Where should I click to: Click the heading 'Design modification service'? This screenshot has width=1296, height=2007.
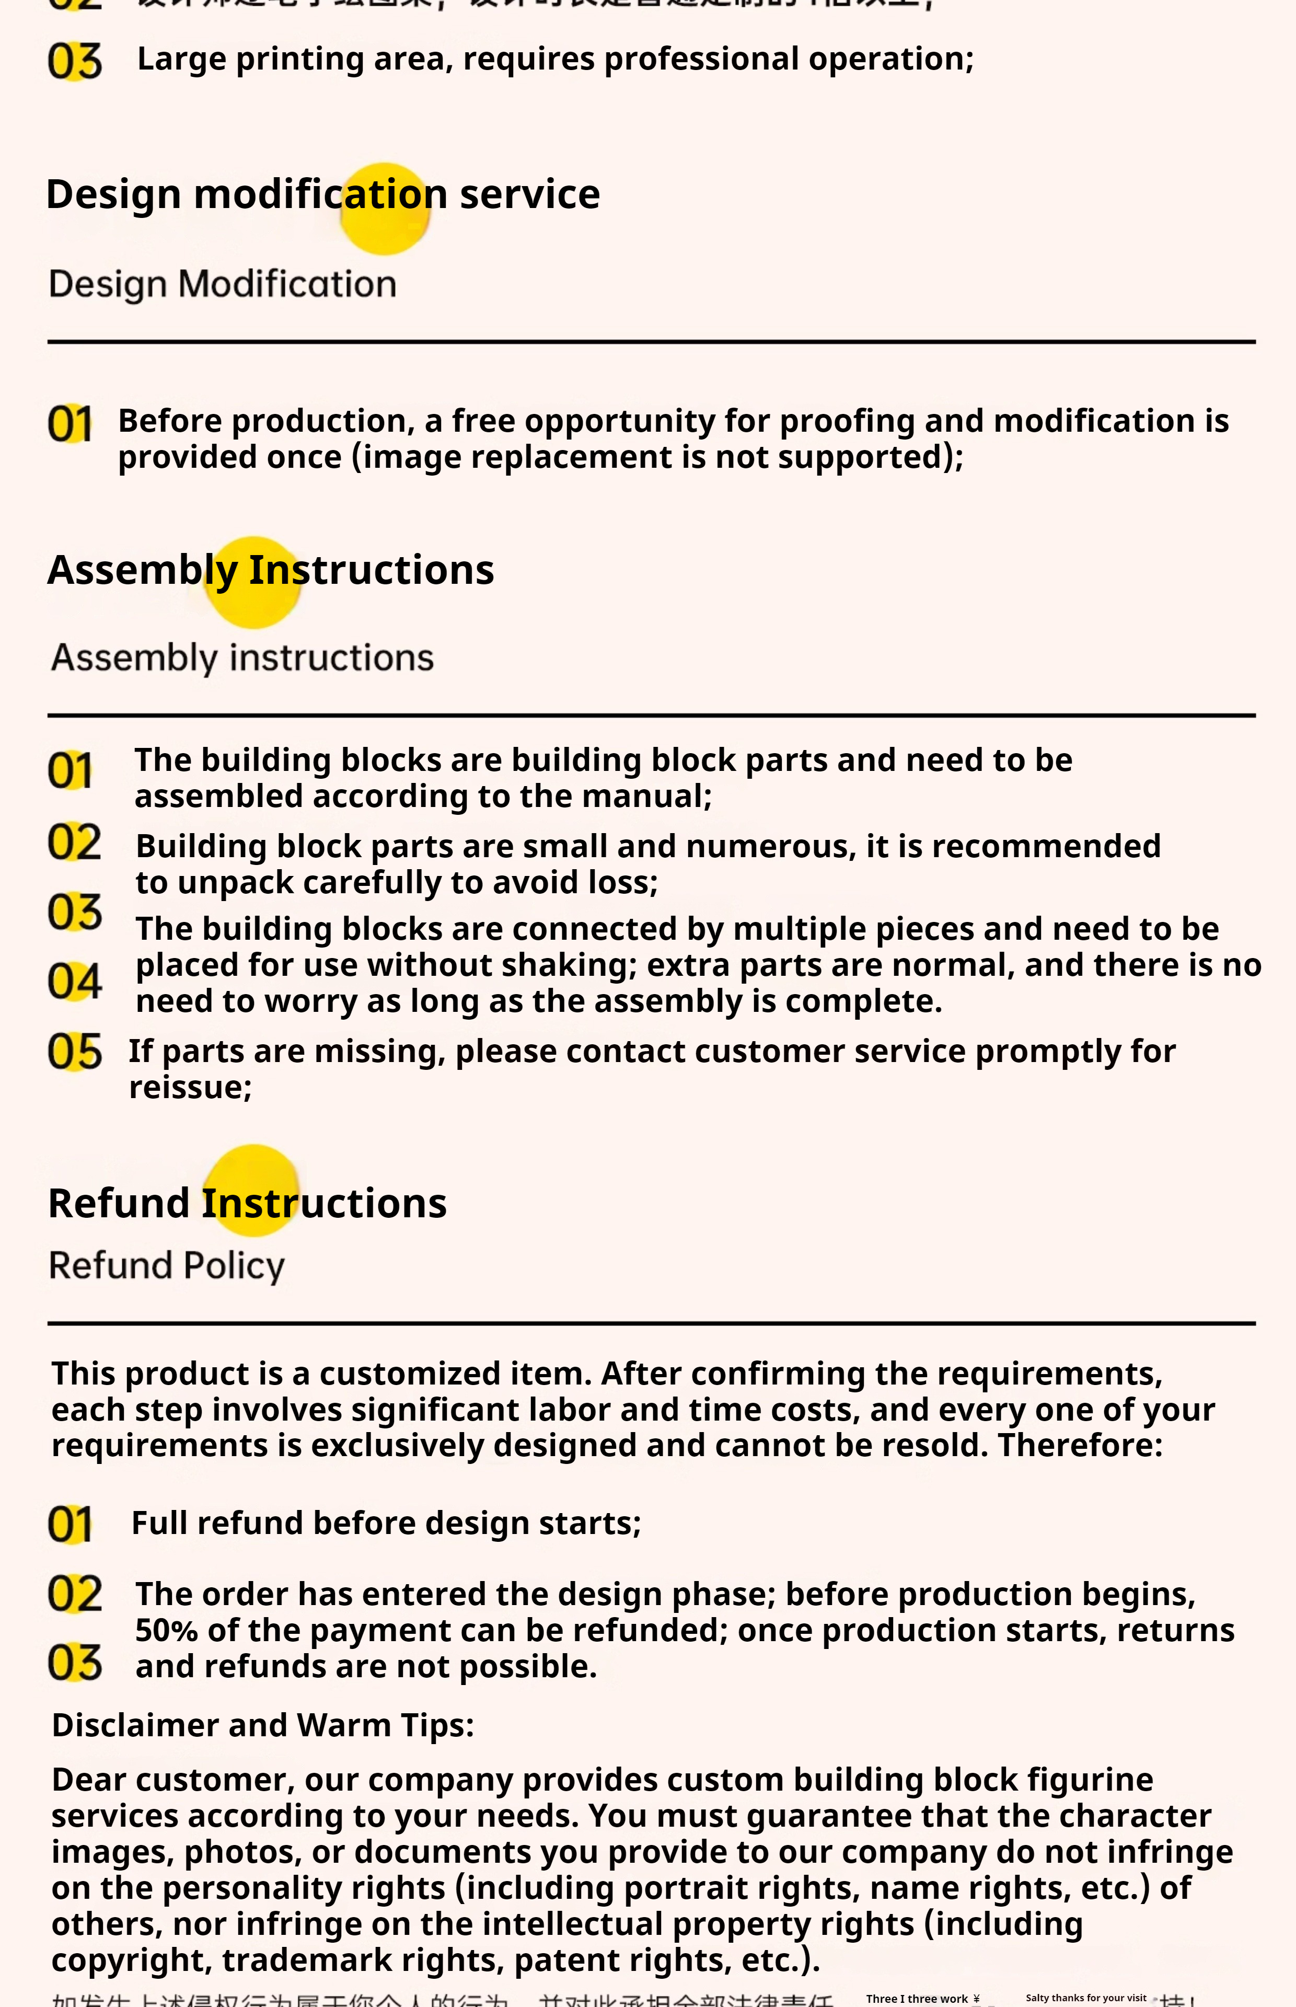click(322, 194)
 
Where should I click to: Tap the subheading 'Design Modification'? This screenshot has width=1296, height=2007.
click(222, 284)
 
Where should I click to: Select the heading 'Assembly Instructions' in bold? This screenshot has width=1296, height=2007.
click(270, 570)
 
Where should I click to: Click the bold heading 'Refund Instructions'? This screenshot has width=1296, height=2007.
click(247, 1203)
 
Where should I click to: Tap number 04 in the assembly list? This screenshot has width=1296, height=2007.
click(74, 981)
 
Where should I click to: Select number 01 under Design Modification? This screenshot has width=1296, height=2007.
click(70, 423)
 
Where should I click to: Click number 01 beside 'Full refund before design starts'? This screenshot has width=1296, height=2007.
click(70, 1525)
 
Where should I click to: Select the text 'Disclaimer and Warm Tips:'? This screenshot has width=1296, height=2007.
click(262, 1725)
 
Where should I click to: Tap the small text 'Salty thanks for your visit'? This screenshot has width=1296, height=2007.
click(1085, 1998)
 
